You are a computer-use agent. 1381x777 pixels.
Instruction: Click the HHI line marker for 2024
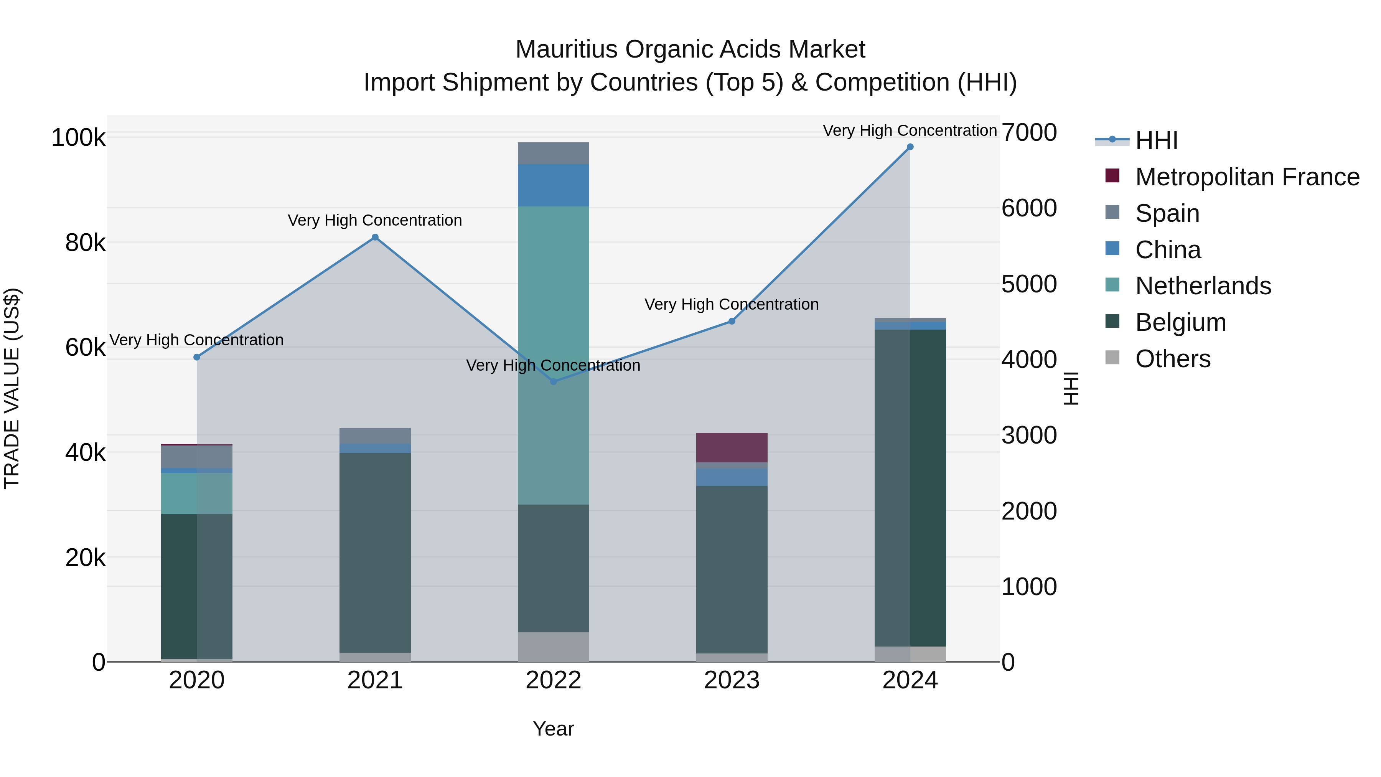[x=910, y=147]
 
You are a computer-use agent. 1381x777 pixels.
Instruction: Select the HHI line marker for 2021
[x=375, y=238]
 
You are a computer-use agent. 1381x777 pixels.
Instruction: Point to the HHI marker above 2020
[x=197, y=357]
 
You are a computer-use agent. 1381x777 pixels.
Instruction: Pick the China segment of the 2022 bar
[x=553, y=185]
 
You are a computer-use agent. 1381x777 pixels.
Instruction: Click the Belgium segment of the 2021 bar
[x=375, y=552]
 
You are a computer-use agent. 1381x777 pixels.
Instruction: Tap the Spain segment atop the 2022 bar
[x=553, y=153]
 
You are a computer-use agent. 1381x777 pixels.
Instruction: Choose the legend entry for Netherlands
[x=1203, y=286]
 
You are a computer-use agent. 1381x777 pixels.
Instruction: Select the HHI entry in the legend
[x=1156, y=140]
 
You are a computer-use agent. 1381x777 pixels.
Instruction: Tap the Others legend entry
[x=1172, y=359]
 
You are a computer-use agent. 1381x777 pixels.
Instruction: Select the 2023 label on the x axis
[x=731, y=680]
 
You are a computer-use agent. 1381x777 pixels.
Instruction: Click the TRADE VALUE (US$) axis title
[x=12, y=388]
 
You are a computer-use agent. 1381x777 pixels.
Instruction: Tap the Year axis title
[x=553, y=729]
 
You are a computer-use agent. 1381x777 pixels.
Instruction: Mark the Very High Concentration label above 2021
[x=375, y=220]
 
